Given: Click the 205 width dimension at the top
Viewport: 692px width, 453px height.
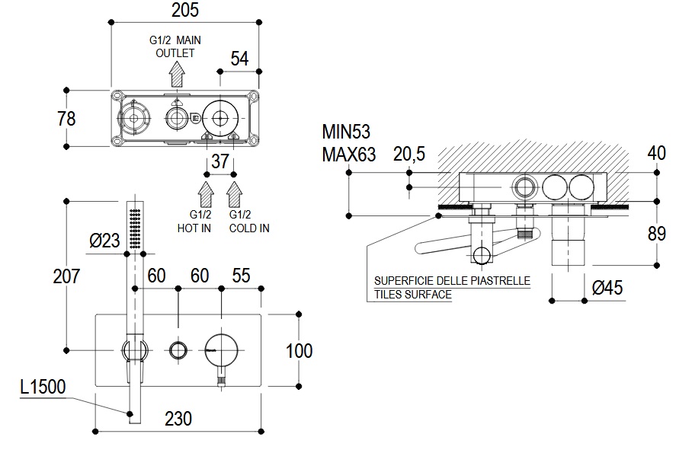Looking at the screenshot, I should coord(184,11).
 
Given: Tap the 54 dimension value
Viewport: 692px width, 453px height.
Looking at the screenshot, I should coord(241,59).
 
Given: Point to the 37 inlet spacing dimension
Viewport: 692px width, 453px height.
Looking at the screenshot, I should coord(219,161).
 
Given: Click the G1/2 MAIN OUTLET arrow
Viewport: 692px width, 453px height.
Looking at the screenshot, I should coord(177,75).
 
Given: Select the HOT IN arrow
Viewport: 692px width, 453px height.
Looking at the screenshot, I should coord(206,193).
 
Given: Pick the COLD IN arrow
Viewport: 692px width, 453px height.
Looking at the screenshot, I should coord(234,193).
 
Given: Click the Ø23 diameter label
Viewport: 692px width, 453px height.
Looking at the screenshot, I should coord(104,241).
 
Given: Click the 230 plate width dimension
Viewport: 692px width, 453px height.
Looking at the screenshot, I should coord(177,418).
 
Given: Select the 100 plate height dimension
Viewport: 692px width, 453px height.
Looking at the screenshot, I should coord(298,350).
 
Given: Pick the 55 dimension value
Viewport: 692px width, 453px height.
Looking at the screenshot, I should coord(240,276).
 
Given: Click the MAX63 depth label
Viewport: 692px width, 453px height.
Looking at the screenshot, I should coord(348,155).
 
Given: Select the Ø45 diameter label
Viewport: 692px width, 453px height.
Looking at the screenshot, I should coord(607,287).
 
